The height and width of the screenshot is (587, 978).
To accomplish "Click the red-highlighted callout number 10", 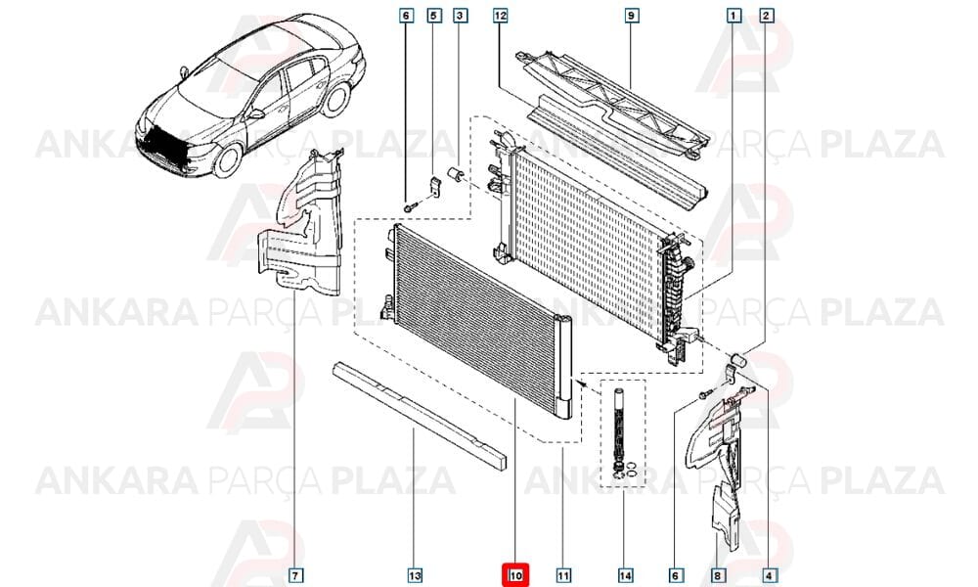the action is [x=515, y=575].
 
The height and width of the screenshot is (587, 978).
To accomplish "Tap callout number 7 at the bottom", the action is [x=296, y=575].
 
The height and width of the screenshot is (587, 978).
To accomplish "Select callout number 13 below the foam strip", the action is [x=415, y=575].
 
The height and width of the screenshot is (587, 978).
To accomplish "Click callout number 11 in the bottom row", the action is [x=563, y=575].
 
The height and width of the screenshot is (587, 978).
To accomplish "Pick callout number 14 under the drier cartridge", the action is [x=625, y=575].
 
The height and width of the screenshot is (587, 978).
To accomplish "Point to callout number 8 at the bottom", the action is [x=717, y=575].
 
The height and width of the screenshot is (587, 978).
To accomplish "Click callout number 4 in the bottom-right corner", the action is [x=769, y=575].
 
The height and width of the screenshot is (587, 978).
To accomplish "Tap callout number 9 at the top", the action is [x=631, y=15].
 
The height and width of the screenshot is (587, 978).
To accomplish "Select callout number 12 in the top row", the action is [x=500, y=15].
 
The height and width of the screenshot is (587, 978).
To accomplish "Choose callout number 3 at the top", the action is [x=460, y=15].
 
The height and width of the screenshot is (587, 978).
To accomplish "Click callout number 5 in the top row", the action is [x=434, y=15].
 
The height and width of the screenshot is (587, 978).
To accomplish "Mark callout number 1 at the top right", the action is [x=734, y=15].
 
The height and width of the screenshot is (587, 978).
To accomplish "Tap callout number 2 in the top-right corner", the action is [x=766, y=15].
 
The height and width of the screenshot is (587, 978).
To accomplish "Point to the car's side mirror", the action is [x=256, y=114].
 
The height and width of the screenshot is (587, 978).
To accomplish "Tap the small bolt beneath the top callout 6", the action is [x=409, y=206].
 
